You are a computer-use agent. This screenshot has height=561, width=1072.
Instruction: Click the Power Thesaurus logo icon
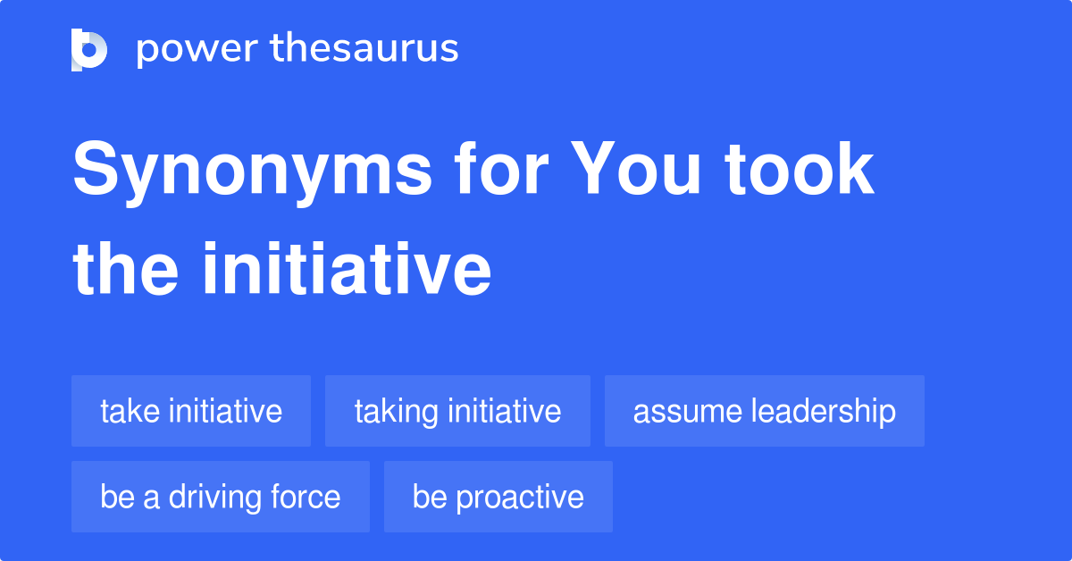(89, 49)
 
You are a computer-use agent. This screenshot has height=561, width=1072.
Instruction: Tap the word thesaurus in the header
(365, 48)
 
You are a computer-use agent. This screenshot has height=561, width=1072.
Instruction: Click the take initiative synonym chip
(191, 411)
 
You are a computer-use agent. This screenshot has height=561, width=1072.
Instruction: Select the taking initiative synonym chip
(457, 411)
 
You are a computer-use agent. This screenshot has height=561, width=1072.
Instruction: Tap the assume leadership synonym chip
(764, 411)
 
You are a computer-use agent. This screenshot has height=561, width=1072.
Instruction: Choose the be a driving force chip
(220, 497)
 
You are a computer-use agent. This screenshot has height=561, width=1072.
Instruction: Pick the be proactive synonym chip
(498, 497)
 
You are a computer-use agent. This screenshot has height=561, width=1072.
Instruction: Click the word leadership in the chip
(823, 411)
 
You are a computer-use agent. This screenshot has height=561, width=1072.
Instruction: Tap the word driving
(199, 498)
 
